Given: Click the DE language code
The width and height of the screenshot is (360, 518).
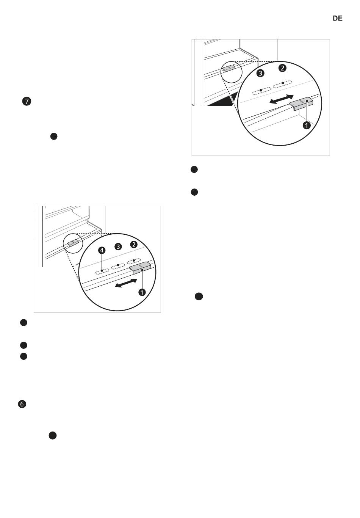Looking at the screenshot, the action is coord(337,19).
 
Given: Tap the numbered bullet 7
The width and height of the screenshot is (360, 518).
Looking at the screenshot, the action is coord(27,102).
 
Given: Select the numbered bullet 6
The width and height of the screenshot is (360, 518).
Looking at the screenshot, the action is coord(22,404).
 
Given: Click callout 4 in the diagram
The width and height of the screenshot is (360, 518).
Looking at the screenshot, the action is coord(102,250).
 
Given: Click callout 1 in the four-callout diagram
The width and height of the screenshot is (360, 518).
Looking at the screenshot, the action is coord(142,292).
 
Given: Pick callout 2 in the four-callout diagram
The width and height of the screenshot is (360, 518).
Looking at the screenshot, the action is coord(134,245).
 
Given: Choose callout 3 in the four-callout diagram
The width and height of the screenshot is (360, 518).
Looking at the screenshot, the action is coord(118,247).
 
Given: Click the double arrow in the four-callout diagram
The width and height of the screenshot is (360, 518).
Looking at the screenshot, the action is coord(126,283).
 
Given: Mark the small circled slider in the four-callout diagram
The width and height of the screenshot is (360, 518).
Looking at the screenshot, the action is coord(73,243).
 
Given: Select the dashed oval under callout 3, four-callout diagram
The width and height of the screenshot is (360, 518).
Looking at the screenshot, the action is coord(118,267).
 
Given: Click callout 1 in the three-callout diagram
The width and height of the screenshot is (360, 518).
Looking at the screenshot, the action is coord(307,126).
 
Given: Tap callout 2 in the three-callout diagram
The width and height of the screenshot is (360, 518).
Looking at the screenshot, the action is coord(282,68).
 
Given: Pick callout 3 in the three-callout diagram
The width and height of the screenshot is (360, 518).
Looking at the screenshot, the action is coord(260,73).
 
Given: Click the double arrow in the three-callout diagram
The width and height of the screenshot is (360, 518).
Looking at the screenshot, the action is coord(282,99).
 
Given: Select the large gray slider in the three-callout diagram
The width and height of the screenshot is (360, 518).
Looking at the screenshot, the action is coord(301,104).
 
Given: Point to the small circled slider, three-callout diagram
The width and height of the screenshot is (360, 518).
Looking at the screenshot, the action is coord(229,68).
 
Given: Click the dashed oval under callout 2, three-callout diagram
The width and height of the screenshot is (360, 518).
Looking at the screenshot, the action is coord(282,85).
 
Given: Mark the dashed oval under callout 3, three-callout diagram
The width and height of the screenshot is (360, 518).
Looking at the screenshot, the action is coord(261,91).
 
